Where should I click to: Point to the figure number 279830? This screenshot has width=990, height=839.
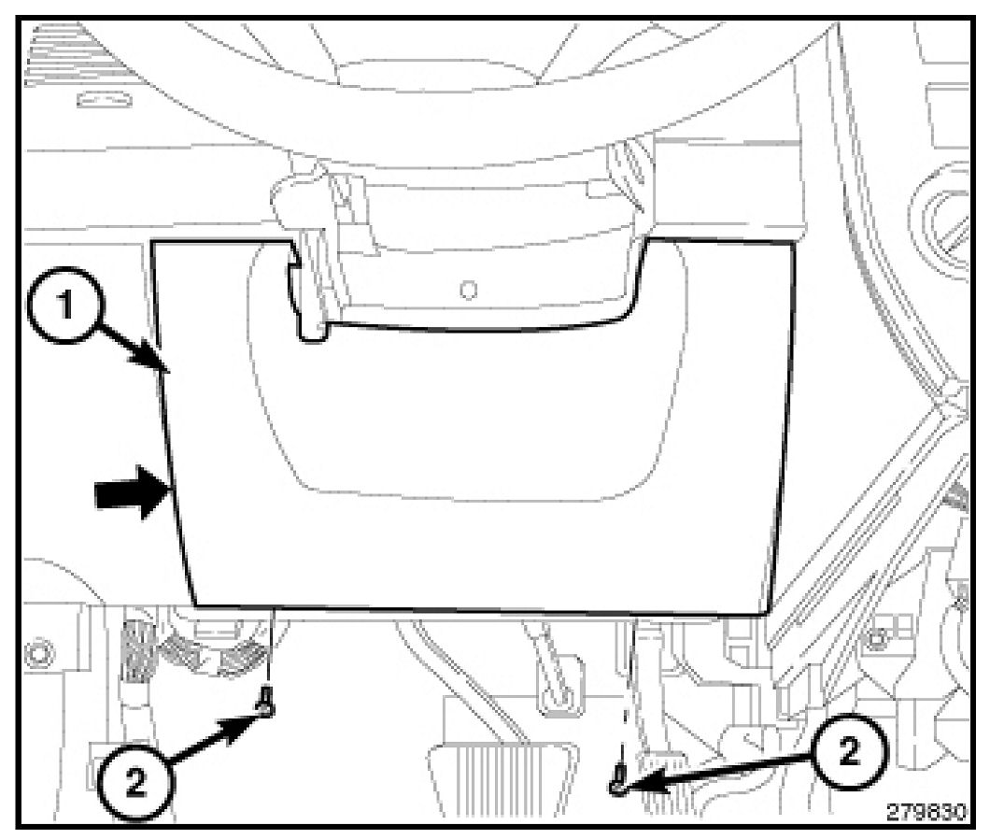coord(926,811)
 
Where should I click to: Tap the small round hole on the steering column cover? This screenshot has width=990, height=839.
coord(471,289)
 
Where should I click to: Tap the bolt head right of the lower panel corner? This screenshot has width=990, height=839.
coord(878,638)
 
